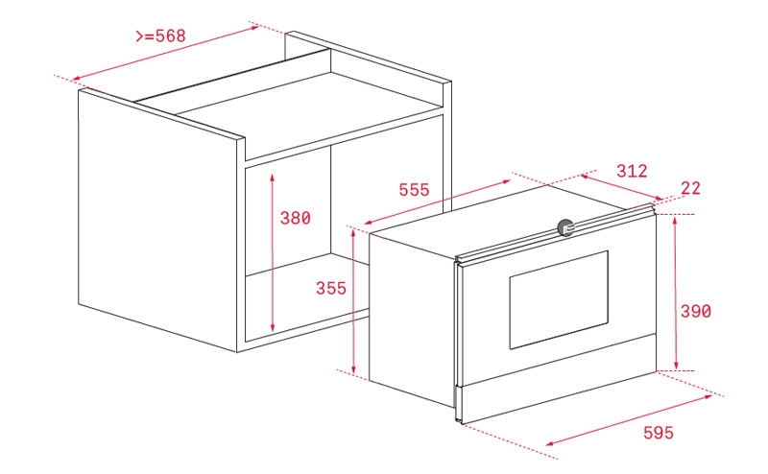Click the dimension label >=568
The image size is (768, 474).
[x=160, y=36]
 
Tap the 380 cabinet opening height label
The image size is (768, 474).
[x=295, y=218]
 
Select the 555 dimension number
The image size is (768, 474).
[x=414, y=189]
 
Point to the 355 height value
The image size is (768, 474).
[x=331, y=288]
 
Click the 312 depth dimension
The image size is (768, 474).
[x=632, y=171]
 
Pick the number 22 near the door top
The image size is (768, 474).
[x=690, y=188]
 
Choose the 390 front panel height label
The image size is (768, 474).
[x=695, y=311]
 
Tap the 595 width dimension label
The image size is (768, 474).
[x=659, y=433]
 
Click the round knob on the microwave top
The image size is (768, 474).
[x=565, y=227]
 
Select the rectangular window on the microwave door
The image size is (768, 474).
[x=559, y=299]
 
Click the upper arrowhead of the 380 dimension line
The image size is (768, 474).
[x=273, y=177]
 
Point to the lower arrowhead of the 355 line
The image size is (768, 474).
[x=353, y=367]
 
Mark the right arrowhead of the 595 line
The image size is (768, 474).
[x=708, y=396]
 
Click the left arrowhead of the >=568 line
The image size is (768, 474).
[x=76, y=79]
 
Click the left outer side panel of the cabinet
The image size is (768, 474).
[x=157, y=221]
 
